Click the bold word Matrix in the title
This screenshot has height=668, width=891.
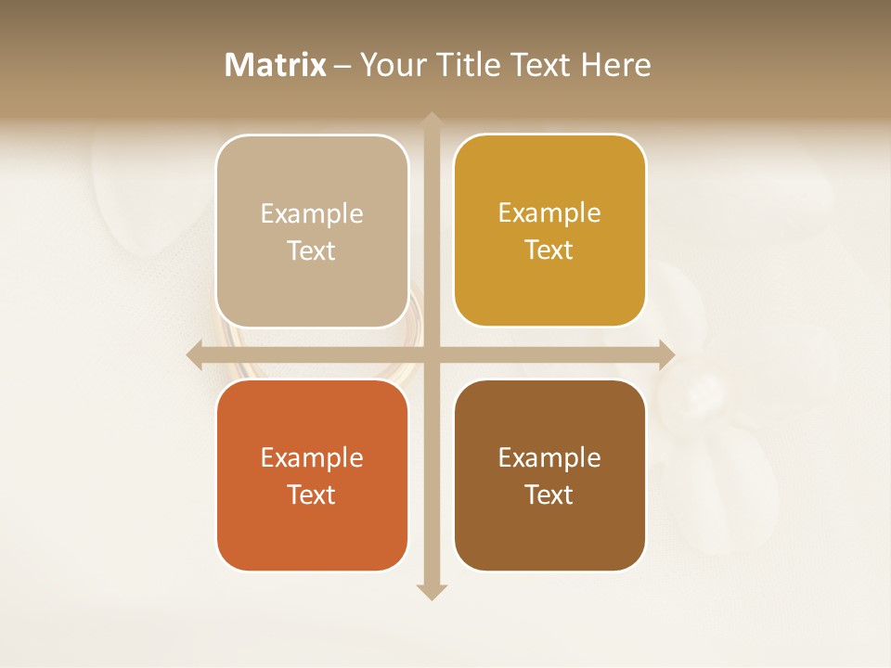[x=276, y=65]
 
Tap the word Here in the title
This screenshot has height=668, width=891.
[x=615, y=65]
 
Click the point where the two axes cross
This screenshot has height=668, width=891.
[x=432, y=354]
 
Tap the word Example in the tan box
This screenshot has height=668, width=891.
[x=312, y=213]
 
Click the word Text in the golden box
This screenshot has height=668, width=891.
[x=549, y=250]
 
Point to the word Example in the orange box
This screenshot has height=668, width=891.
[x=312, y=457]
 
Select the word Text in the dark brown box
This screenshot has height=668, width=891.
[x=549, y=495]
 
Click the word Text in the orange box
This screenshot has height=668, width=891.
[x=312, y=495]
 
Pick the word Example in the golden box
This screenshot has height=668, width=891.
[x=549, y=212]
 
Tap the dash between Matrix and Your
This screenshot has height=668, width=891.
[x=342, y=66]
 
